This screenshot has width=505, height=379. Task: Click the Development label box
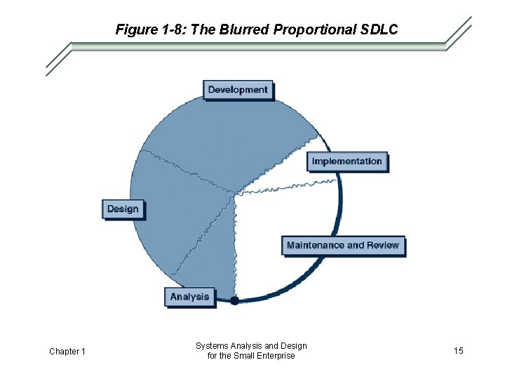(238, 90)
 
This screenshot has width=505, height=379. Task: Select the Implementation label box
(346, 161)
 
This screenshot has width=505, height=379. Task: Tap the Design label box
(123, 208)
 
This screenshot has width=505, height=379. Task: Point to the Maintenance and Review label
(343, 246)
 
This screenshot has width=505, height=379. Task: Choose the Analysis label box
(189, 296)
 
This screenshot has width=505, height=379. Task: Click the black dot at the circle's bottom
(234, 300)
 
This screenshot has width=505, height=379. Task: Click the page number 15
(458, 350)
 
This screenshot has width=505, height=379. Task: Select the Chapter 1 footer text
(67, 351)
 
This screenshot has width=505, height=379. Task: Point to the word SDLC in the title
(379, 29)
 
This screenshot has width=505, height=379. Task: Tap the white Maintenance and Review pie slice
(281, 239)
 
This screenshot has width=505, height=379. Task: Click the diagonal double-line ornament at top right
(459, 33)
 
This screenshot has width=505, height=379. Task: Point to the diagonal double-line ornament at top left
(58, 58)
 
